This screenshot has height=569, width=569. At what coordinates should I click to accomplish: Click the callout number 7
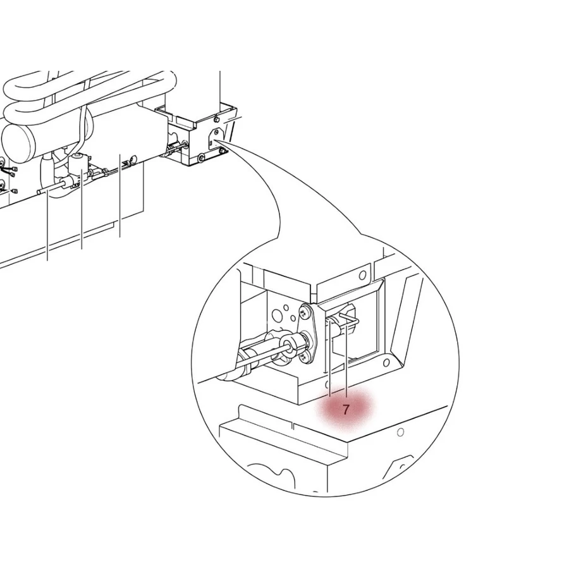click(346, 410)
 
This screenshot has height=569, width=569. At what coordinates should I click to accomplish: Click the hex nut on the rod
click(293, 344)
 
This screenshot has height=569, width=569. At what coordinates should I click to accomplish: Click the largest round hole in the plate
click(278, 314)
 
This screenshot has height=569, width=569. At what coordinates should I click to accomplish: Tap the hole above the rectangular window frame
click(362, 276)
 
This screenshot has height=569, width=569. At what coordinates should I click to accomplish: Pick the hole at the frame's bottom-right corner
click(386, 362)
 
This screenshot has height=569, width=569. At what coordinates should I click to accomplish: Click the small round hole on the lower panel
click(400, 432)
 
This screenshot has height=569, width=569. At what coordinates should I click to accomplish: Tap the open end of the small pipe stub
click(39, 190)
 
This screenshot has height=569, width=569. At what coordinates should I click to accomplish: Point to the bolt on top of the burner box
click(216, 118)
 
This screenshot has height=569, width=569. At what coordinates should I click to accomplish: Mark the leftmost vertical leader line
click(47, 228)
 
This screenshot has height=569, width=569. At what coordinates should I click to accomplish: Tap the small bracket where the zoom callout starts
click(214, 134)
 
